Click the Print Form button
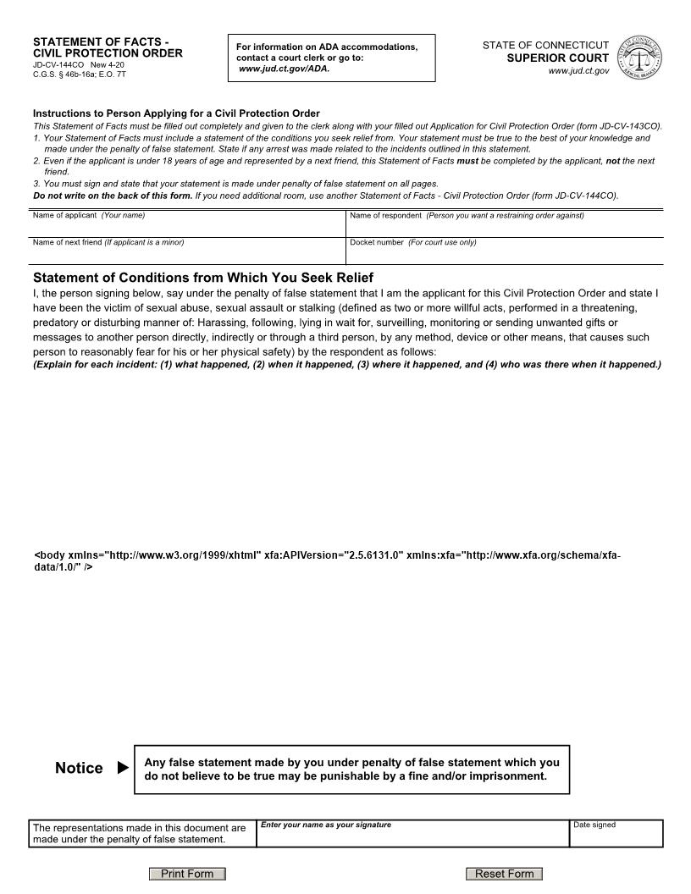[x=187, y=874]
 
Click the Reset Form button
[x=504, y=874]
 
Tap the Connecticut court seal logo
[x=641, y=58]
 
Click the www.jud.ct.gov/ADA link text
[x=284, y=69]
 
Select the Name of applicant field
[x=188, y=227]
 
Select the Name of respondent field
[x=505, y=227]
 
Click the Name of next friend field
[x=188, y=253]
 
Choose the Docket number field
[x=505, y=253]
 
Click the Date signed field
[x=616, y=836]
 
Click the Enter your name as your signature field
[x=412, y=836]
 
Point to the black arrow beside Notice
[x=124, y=768]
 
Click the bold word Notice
[x=79, y=768]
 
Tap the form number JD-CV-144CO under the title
[x=58, y=64]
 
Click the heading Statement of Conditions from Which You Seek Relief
[x=203, y=278]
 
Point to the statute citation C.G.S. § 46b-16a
[x=68, y=74]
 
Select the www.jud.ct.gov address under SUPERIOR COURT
[x=578, y=71]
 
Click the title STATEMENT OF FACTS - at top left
[x=101, y=41]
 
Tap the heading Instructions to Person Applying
[x=176, y=113]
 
